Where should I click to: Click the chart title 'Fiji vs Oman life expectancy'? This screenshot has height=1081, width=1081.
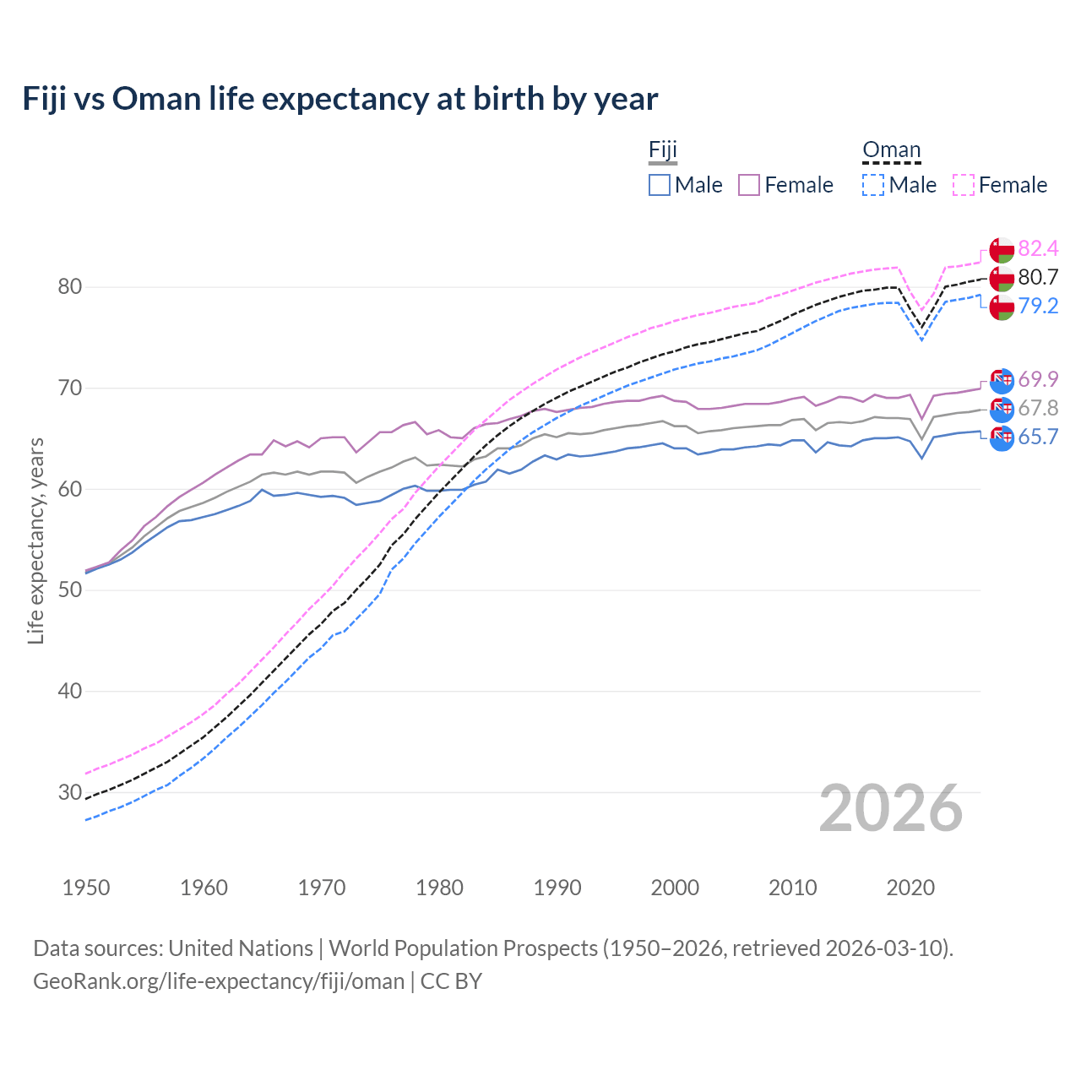pos(340,99)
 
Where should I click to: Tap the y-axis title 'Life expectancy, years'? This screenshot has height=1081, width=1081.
pos(35,540)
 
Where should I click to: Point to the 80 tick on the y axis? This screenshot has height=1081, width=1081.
pos(70,287)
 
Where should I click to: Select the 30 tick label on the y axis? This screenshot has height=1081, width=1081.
pos(70,792)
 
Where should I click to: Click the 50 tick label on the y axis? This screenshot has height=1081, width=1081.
pos(70,590)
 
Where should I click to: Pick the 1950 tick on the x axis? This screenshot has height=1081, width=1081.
pos(86,888)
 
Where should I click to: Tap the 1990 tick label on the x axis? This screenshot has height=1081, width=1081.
pos(557,888)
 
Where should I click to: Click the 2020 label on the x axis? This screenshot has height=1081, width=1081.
pos(910,888)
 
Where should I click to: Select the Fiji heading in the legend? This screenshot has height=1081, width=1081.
pos(663,150)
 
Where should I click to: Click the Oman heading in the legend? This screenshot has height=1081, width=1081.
pos(891,150)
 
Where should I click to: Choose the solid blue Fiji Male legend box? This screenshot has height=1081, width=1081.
pos(660,185)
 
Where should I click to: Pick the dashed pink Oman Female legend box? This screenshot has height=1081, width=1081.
pos(964,185)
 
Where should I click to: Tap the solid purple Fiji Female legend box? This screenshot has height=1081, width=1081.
pos(749,185)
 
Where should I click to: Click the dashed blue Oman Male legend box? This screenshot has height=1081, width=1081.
pos(873,185)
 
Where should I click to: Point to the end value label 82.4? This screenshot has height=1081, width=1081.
pos(1038,248)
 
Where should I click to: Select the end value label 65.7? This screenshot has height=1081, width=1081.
pos(1038,437)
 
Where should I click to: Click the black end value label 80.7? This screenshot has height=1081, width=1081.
pos(1038,277)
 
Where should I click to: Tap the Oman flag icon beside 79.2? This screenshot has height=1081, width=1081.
pos(1002,307)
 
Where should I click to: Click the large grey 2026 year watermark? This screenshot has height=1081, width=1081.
pos(891,808)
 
